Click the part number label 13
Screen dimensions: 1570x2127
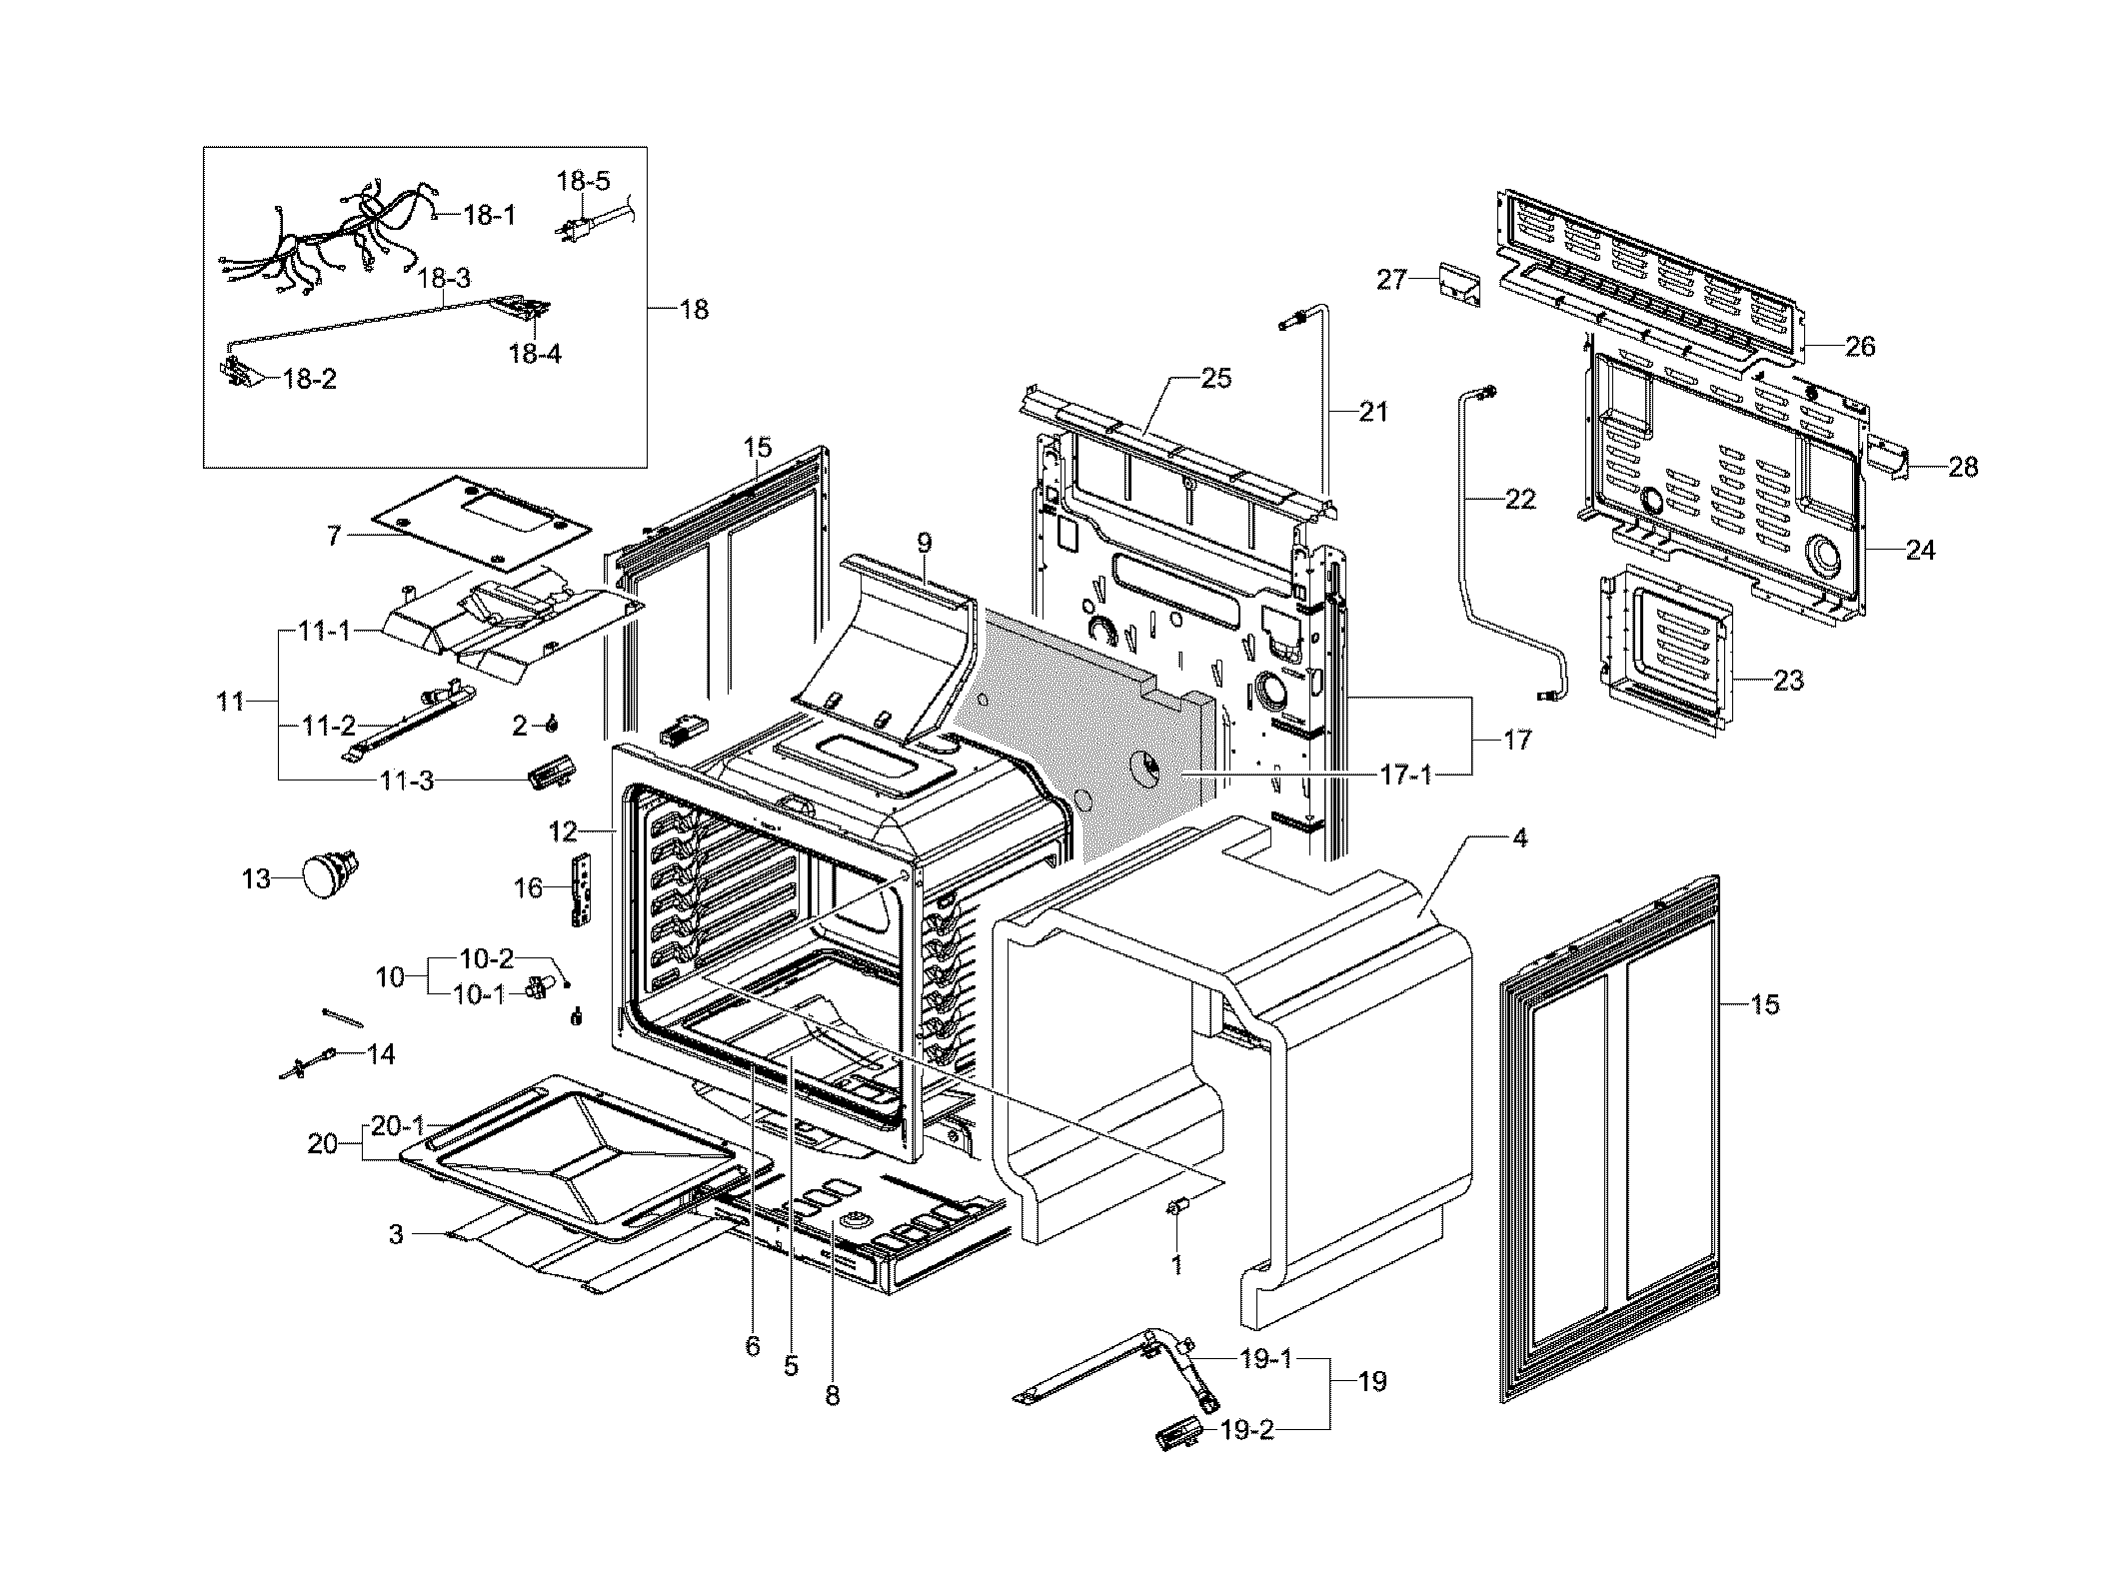tap(256, 879)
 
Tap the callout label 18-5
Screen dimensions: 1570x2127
tap(583, 181)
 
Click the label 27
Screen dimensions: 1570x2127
tap(1392, 279)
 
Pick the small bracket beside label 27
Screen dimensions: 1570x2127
tap(1459, 283)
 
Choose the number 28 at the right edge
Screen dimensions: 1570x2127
tap(1962, 467)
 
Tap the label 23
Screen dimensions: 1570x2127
tap(1788, 681)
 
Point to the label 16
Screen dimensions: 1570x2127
tap(527, 887)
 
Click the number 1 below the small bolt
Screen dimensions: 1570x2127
tap(1176, 1265)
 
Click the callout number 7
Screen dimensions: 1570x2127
tap(334, 537)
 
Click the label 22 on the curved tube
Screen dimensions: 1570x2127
tap(1519, 498)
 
